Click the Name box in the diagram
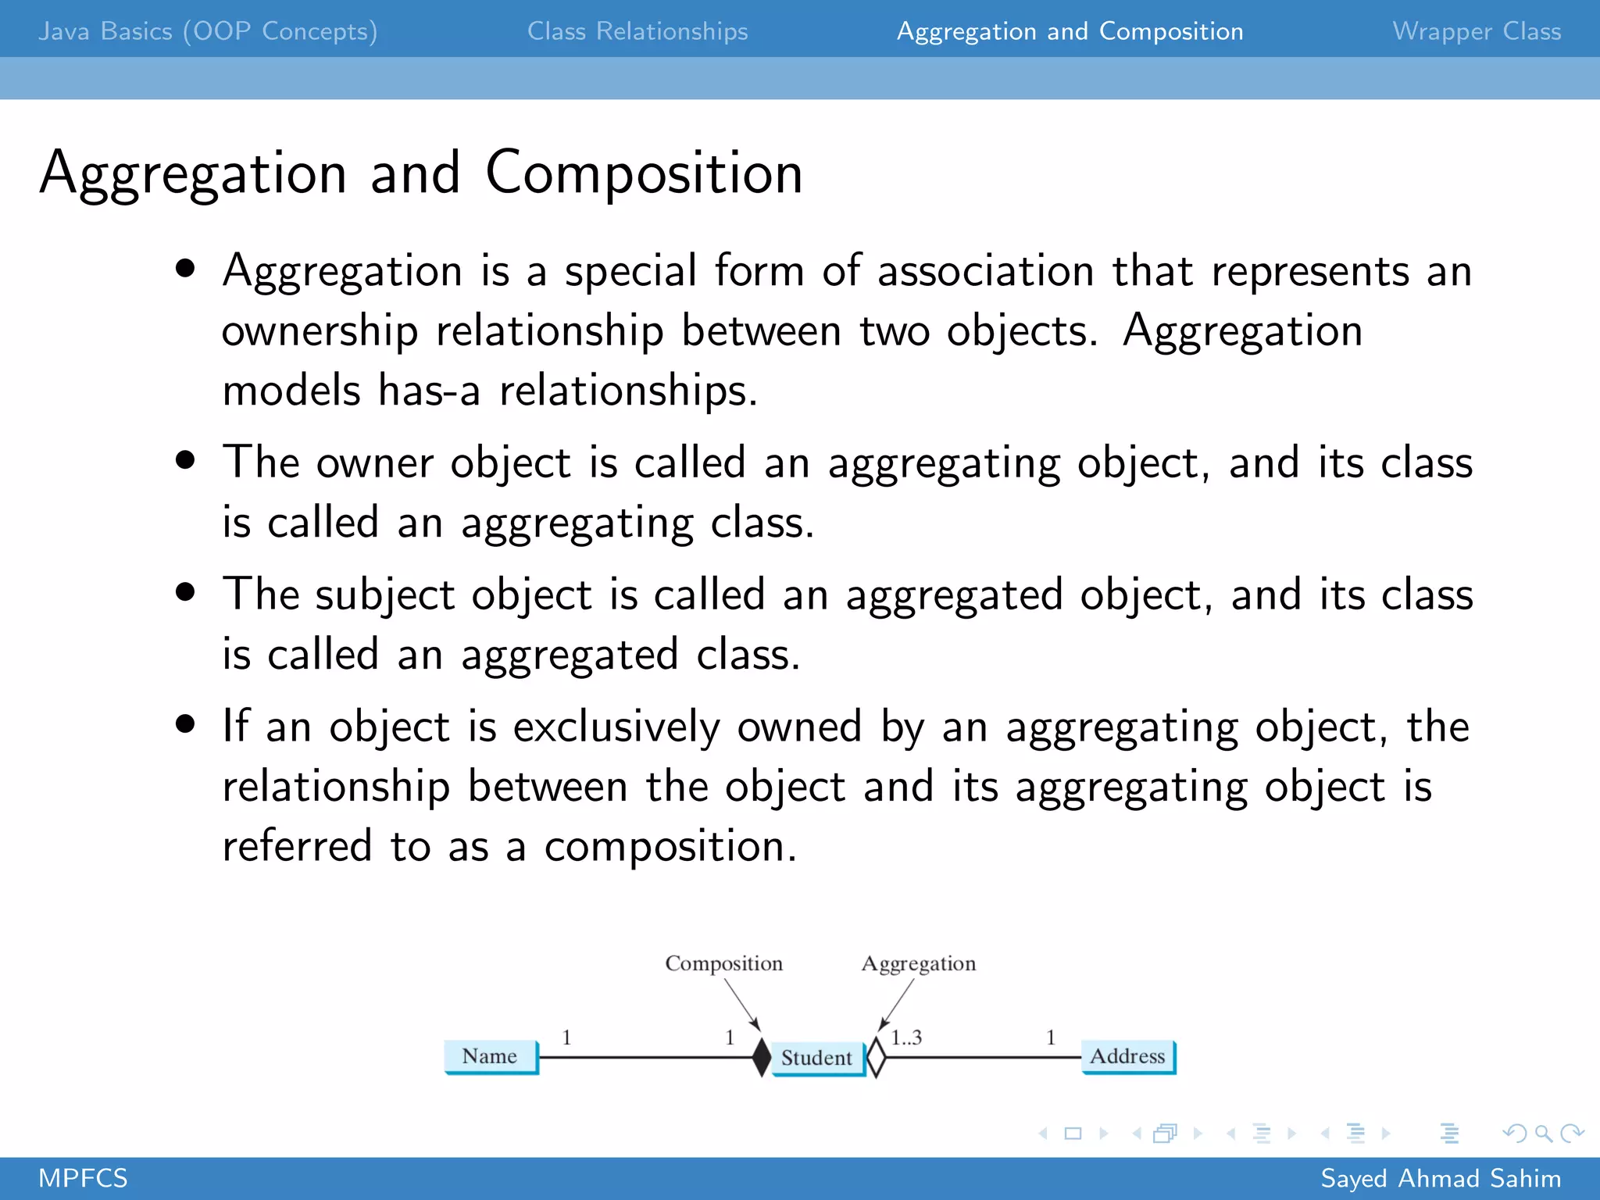coord(491,1056)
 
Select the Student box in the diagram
coord(817,1058)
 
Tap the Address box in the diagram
coord(1127,1056)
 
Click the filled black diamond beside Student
coord(762,1057)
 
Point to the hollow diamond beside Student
coord(877,1057)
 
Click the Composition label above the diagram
coord(723,963)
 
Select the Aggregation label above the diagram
coord(919,963)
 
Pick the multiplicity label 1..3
coord(906,1037)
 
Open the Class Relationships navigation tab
coord(637,31)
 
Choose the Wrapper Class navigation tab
coord(1477,31)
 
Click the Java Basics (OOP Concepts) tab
coord(208,31)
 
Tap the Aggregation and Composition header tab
coord(1070,31)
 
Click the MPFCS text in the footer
coord(83,1178)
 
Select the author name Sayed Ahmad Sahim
coord(1441,1178)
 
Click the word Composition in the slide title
coord(644,173)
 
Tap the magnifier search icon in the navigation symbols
coord(1543,1133)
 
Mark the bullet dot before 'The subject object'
coord(185,591)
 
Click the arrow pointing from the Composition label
coord(742,1004)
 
